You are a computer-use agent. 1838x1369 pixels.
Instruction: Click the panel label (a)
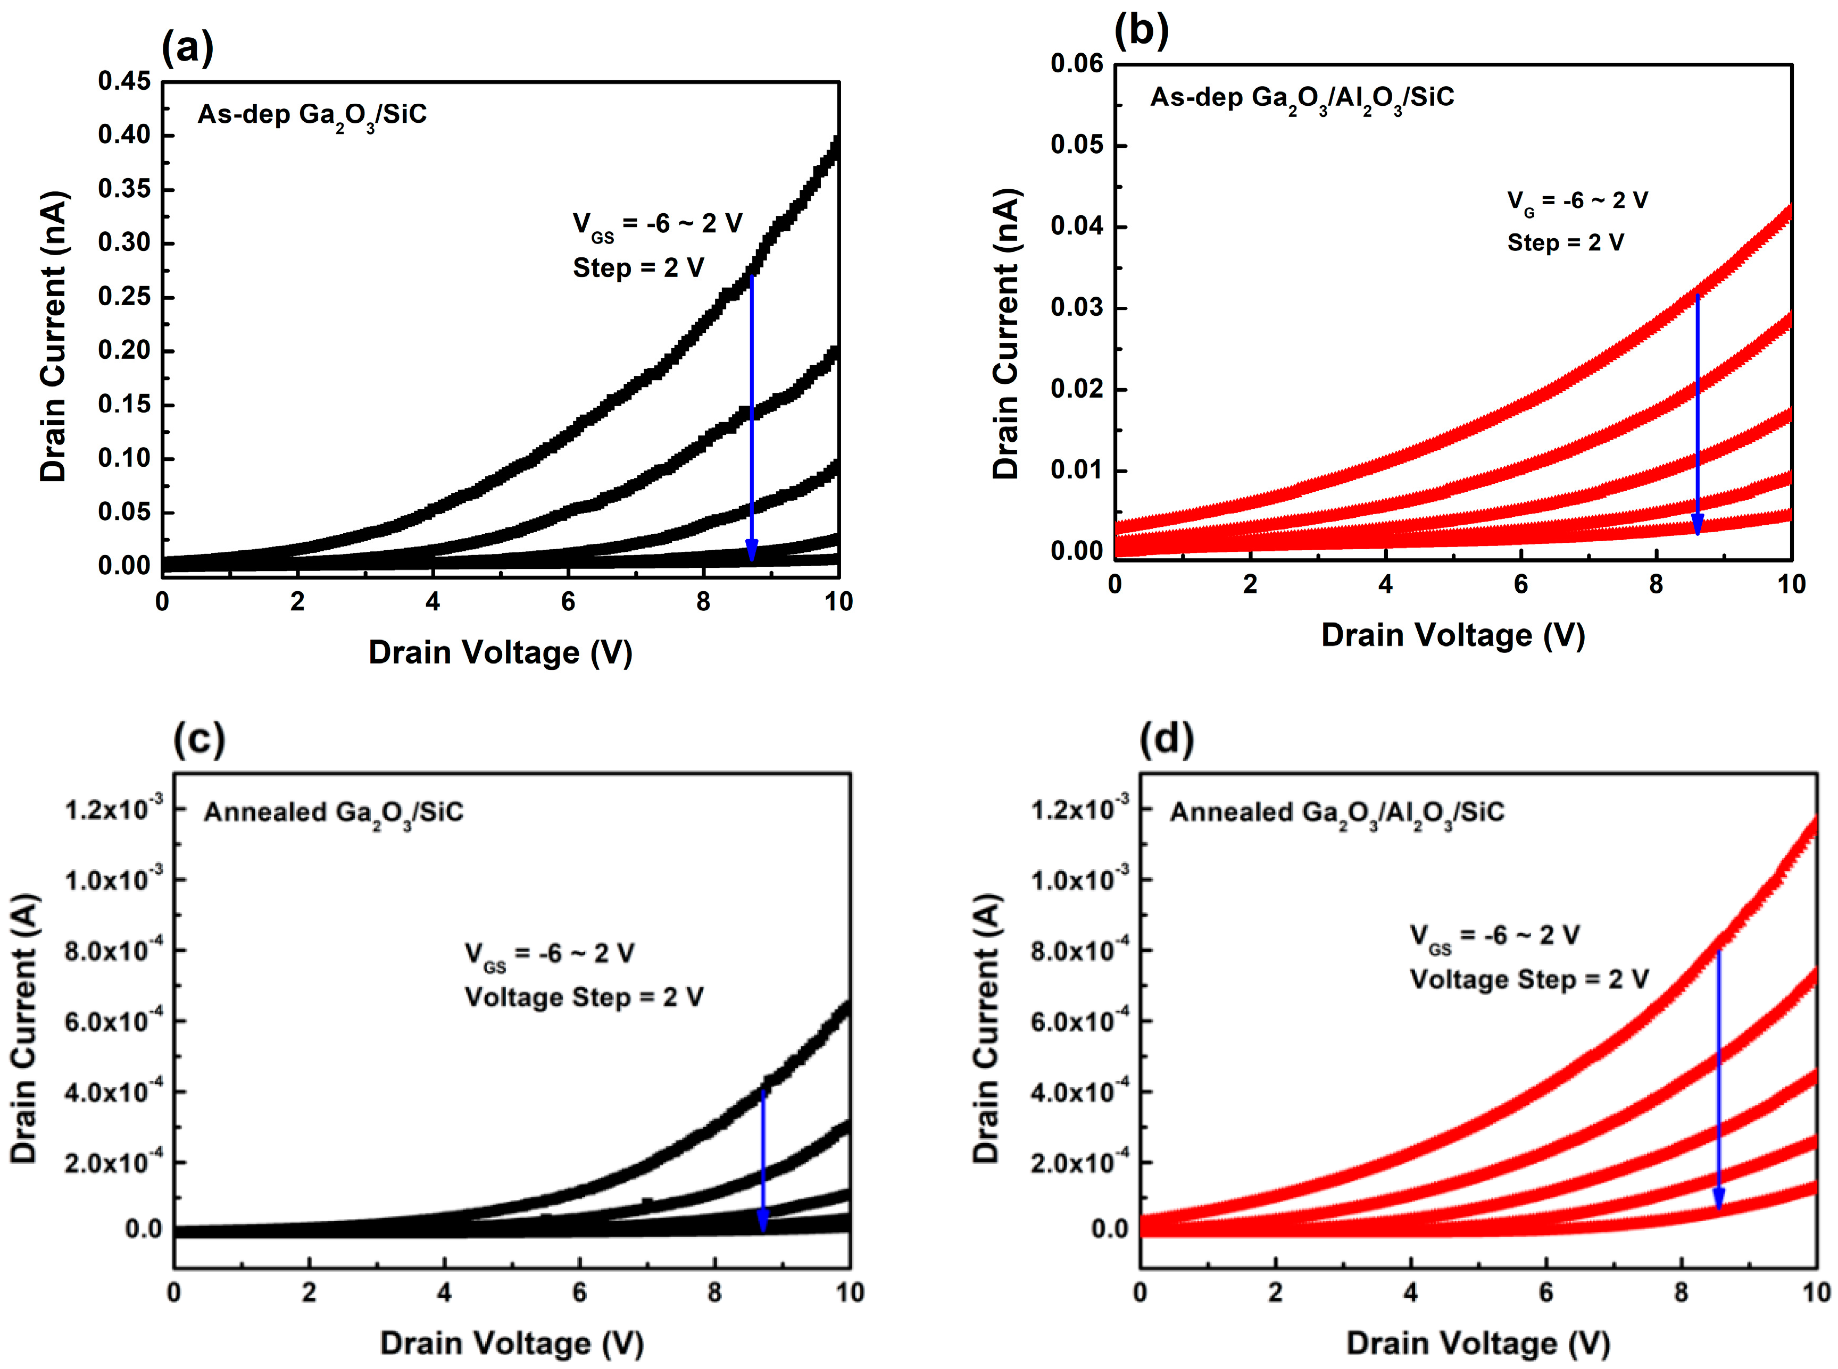tap(187, 47)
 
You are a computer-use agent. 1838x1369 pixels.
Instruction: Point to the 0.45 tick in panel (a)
tap(124, 81)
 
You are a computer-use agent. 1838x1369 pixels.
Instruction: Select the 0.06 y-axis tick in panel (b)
tap(1076, 64)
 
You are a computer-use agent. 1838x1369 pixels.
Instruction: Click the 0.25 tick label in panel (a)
tap(124, 297)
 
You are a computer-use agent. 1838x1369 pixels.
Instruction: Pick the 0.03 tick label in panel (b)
tap(1076, 307)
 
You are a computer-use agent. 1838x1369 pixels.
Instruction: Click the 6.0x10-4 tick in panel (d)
tap(1078, 1020)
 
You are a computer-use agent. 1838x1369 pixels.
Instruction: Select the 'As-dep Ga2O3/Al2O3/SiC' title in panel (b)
tap(1302, 98)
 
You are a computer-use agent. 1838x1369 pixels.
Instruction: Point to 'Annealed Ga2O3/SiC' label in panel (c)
tap(333, 813)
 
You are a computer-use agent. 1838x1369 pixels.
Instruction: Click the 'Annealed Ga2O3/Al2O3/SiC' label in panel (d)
tap(1336, 813)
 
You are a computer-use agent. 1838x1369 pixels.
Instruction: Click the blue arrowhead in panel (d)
tap(1719, 1198)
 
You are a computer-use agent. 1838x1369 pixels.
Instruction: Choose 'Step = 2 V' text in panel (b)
tap(1565, 243)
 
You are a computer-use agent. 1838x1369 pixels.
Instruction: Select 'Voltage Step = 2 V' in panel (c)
tap(584, 997)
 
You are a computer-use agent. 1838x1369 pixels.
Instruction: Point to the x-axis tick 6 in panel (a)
tap(568, 602)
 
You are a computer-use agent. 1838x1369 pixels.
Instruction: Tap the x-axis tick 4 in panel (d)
tap(1410, 1293)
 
